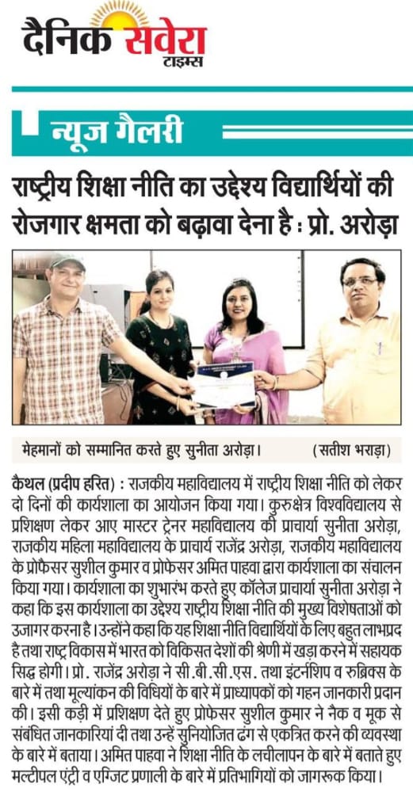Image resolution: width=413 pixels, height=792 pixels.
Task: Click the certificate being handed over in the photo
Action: point(224,386)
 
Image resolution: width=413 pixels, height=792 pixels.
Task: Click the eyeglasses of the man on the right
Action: point(358,282)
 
